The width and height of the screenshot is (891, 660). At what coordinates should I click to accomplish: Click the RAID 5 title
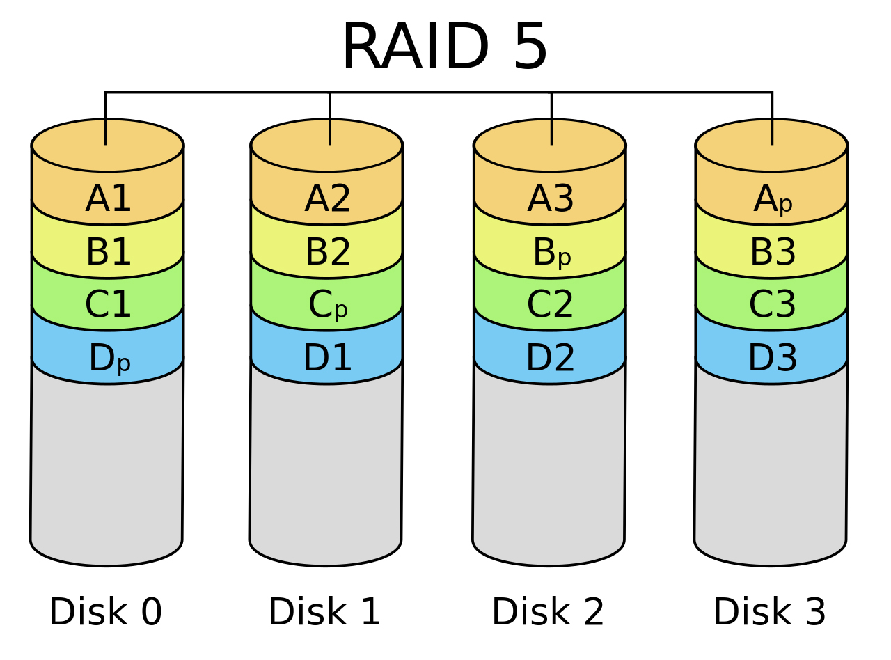(x=445, y=47)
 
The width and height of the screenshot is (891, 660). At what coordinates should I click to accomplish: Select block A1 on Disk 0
(x=108, y=199)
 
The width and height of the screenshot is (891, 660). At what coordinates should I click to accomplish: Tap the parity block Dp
(x=109, y=359)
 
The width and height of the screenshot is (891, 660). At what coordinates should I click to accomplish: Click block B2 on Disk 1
(x=327, y=252)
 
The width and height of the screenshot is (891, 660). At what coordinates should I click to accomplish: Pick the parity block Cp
(x=327, y=305)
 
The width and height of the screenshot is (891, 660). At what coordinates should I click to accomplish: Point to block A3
(x=550, y=199)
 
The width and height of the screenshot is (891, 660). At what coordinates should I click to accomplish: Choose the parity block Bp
(x=551, y=253)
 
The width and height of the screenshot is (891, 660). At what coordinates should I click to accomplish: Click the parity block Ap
(x=772, y=200)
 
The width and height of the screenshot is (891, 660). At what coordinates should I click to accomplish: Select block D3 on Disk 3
(x=772, y=358)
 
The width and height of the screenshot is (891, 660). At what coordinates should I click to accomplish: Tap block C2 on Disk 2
(x=550, y=305)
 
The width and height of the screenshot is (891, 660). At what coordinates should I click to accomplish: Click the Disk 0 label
(x=105, y=613)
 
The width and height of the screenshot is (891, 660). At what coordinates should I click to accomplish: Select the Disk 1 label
(x=324, y=613)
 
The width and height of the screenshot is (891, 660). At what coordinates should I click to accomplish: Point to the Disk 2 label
(x=548, y=613)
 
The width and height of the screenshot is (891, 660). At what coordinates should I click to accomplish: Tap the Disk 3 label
(x=769, y=613)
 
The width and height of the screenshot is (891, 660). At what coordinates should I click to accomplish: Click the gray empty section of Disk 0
(x=107, y=466)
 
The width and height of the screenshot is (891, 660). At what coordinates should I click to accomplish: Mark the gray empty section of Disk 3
(x=771, y=466)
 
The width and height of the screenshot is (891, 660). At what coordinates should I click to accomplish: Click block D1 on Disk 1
(x=327, y=358)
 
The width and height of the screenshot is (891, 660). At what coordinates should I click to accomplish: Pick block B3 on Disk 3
(x=772, y=252)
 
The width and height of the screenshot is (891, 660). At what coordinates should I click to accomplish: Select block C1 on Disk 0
(x=108, y=305)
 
